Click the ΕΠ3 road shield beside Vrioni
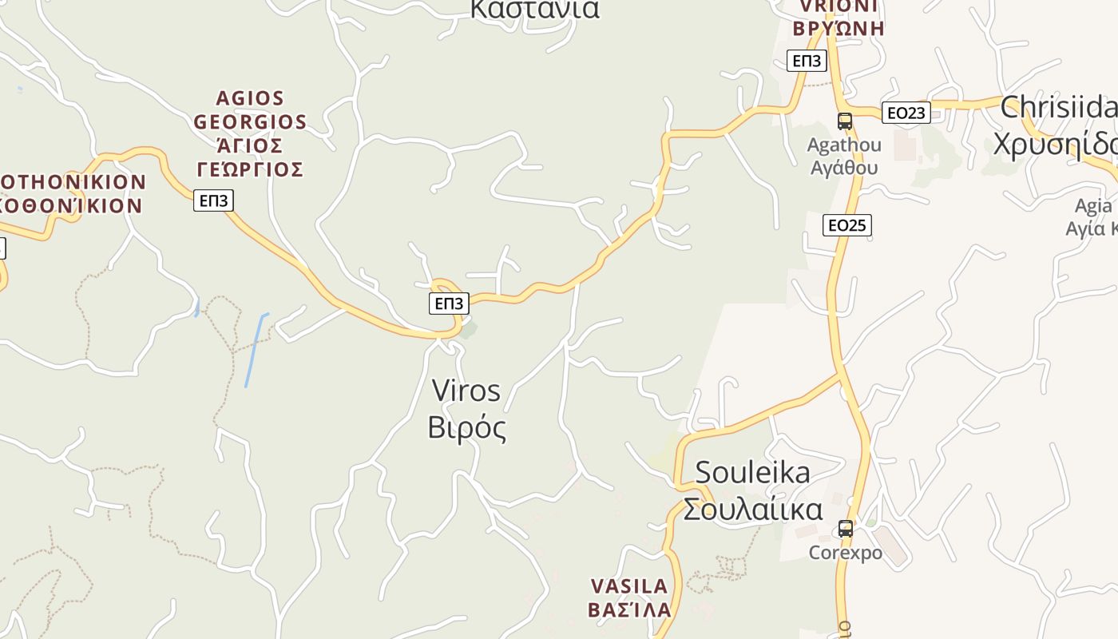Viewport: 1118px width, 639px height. point(807,61)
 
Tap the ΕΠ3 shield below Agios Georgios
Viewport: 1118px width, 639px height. point(213,200)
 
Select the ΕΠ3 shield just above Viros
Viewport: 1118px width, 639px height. point(449,303)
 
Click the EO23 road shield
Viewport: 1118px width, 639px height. point(906,113)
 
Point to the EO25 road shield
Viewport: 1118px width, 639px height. point(846,225)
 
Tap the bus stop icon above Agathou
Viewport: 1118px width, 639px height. point(844,121)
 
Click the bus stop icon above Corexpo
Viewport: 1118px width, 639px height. point(845,529)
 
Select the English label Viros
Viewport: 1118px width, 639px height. point(466,391)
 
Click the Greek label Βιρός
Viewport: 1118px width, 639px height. point(467,427)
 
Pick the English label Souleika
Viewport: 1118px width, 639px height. point(752,472)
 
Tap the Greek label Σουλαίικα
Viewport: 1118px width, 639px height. point(752,509)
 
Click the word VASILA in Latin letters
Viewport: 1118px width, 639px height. point(629,586)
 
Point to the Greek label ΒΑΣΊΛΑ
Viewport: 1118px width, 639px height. point(629,610)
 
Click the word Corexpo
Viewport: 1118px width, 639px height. point(845,553)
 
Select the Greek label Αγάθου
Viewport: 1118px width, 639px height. point(844,168)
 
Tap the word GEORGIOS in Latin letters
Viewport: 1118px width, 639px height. point(250,122)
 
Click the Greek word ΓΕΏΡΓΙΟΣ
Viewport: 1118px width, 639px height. point(250,169)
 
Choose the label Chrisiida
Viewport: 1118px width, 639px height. point(1058,107)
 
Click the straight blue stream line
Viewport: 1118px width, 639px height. point(256,350)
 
